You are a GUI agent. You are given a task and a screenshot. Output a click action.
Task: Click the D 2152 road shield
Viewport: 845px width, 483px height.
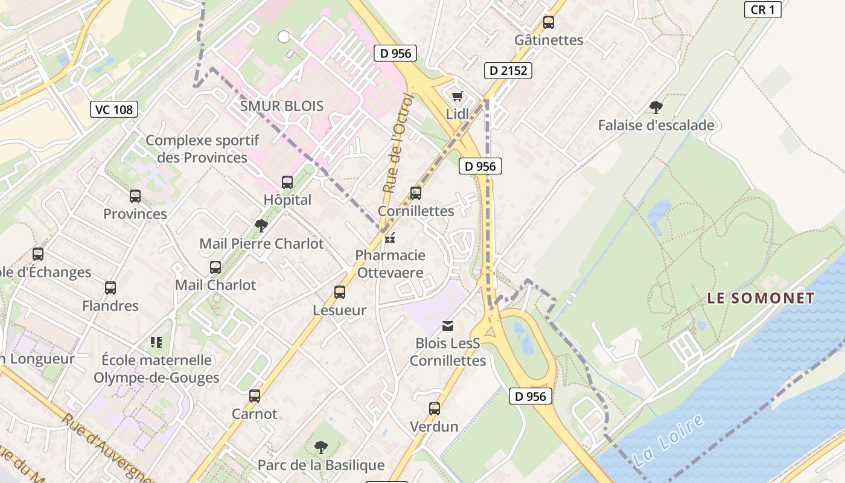(508, 71)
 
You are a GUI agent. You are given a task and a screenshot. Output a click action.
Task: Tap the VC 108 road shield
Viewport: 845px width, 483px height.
(114, 109)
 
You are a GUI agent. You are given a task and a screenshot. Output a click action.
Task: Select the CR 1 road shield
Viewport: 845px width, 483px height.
(763, 10)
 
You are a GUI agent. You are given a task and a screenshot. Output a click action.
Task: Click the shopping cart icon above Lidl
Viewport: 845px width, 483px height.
(458, 97)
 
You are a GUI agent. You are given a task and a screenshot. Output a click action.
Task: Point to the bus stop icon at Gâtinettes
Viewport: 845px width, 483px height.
(549, 22)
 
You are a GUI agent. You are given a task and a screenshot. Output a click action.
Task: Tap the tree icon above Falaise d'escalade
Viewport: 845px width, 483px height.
(656, 108)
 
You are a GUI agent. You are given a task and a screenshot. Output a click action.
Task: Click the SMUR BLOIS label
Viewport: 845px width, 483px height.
(282, 106)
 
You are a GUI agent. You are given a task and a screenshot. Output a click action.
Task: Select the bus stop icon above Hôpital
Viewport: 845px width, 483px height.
(287, 182)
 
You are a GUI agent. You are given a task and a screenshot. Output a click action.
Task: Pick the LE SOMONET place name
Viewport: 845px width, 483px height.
(760, 298)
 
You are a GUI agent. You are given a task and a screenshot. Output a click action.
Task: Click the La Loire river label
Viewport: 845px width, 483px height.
(669, 440)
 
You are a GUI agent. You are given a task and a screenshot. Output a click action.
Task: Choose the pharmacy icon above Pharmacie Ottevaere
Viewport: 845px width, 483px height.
(390, 238)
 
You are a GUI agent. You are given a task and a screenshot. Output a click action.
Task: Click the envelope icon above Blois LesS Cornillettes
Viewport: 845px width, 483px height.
(448, 326)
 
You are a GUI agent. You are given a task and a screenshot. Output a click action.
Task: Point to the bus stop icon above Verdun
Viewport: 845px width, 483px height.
(435, 409)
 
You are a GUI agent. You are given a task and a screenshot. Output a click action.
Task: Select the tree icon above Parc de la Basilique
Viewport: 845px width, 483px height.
(321, 447)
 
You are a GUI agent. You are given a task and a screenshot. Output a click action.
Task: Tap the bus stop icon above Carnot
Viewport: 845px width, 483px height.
(255, 396)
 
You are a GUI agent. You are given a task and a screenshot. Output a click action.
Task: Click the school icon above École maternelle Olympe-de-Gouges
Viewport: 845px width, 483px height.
(157, 342)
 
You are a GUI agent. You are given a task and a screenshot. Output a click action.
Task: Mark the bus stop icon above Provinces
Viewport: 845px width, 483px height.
(135, 196)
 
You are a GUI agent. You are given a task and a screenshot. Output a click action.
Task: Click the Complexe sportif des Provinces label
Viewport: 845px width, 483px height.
(202, 149)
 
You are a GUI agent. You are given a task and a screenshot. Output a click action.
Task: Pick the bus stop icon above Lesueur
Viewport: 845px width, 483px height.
(340, 292)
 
